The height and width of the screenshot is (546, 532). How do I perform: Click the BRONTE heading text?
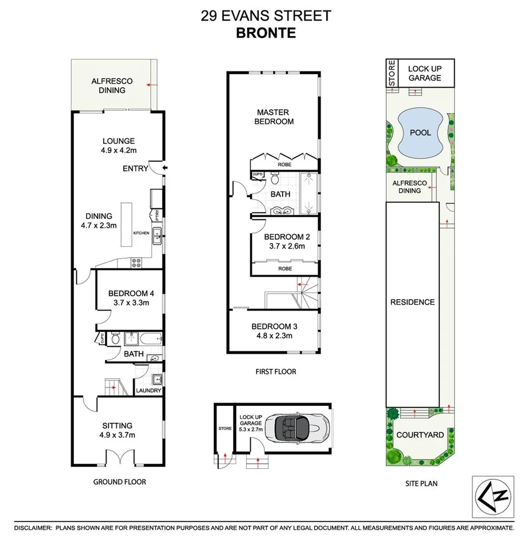(265, 33)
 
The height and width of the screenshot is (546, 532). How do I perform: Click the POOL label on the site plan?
(420, 133)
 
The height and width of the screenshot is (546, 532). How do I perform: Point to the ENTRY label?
(135, 168)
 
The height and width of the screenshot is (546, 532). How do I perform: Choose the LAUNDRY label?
(149, 391)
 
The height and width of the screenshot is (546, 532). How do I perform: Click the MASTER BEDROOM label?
(274, 117)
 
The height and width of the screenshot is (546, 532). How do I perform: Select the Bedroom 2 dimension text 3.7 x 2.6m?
(284, 247)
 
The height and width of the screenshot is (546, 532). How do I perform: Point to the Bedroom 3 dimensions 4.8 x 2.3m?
(272, 336)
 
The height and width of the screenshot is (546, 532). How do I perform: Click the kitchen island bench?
(126, 224)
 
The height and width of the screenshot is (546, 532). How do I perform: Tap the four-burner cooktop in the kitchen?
(137, 262)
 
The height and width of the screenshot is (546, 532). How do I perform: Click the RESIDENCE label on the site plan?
(412, 302)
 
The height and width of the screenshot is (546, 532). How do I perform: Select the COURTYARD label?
(420, 435)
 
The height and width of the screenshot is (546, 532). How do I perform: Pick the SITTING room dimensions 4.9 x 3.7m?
(117, 435)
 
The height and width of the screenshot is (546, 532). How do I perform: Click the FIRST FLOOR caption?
(276, 372)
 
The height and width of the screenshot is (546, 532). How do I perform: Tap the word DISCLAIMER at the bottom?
(33, 528)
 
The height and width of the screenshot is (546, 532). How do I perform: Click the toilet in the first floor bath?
(275, 179)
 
